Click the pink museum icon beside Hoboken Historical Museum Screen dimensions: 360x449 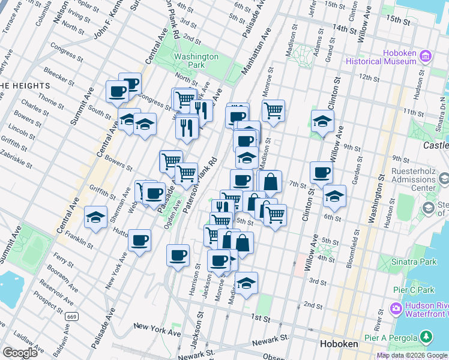click(426, 56)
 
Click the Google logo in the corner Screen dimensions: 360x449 click(20, 352)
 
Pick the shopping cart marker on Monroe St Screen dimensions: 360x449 click(273, 110)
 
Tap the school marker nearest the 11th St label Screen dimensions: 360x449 click(322, 121)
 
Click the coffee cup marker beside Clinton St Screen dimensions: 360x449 click(321, 173)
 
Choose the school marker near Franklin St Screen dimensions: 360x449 click(95, 217)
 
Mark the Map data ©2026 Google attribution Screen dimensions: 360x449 click(412, 355)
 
